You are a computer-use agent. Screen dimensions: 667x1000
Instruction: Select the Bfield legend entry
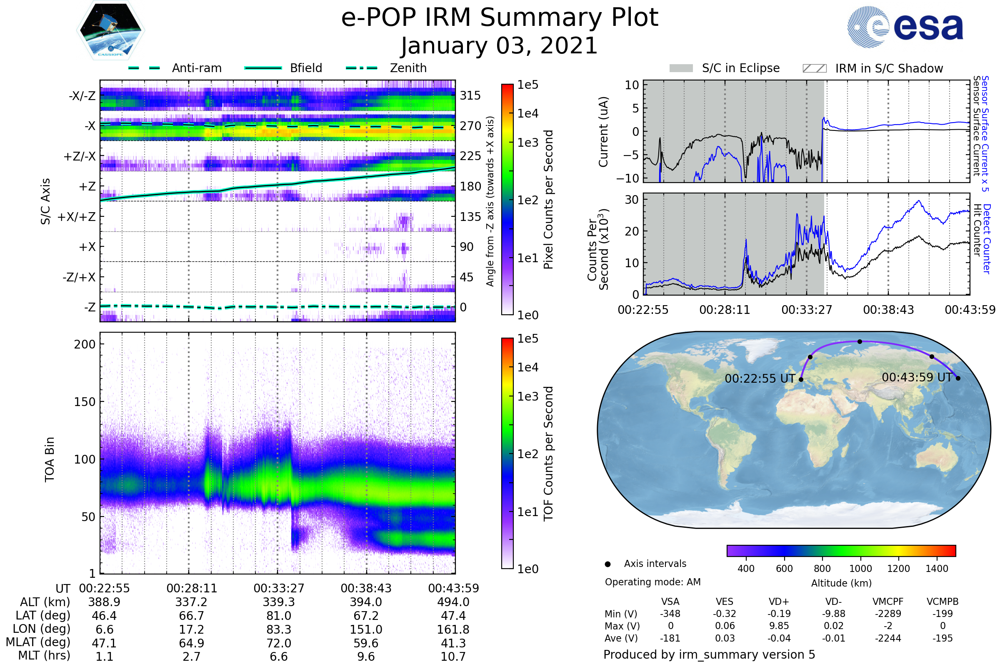click(305, 68)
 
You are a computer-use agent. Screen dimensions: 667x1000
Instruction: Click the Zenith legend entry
click(408, 68)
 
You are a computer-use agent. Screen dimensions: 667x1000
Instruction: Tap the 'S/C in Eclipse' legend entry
click(740, 68)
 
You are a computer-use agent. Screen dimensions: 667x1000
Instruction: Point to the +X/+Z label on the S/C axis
click(77, 217)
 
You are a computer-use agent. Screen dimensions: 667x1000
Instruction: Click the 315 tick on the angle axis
click(470, 95)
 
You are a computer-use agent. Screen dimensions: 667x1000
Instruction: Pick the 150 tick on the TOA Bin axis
click(85, 402)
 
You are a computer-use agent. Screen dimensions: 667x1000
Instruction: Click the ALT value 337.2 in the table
click(191, 602)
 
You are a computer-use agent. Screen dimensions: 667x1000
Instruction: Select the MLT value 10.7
click(453, 656)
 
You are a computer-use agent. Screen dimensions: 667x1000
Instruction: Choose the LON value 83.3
click(278, 629)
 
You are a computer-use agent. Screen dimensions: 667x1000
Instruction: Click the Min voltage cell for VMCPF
click(888, 614)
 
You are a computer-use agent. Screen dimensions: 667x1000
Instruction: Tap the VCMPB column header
click(942, 602)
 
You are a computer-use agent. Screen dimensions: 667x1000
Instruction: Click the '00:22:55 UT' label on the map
click(760, 379)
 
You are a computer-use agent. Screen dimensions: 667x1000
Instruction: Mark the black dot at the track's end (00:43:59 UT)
click(958, 378)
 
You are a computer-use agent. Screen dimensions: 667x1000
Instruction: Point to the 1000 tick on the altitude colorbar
click(860, 569)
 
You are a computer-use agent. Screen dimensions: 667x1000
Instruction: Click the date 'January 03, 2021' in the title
click(499, 46)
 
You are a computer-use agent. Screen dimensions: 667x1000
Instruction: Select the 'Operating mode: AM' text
click(652, 582)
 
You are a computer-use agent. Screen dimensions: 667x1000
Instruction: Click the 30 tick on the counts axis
click(632, 200)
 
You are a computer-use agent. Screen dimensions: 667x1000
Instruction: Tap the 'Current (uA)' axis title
click(603, 132)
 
